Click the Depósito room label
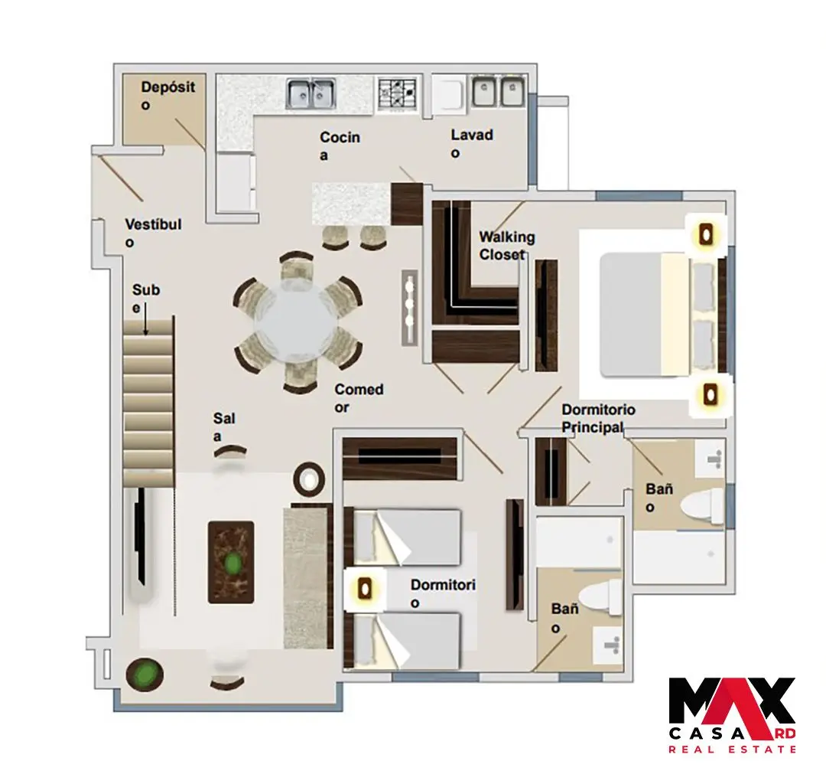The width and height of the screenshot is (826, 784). [168, 96]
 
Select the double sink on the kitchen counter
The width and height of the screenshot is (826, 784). [311, 93]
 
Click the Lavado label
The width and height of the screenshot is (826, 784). [472, 143]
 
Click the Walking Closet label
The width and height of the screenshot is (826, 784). [507, 246]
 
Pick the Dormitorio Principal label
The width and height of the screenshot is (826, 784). [598, 418]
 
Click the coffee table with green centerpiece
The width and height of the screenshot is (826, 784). [231, 562]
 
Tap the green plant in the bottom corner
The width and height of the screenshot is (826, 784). [145, 674]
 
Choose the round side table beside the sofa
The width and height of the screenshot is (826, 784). [309, 479]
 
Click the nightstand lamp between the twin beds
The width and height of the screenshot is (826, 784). [364, 589]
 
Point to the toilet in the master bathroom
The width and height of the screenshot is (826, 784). [702, 505]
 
